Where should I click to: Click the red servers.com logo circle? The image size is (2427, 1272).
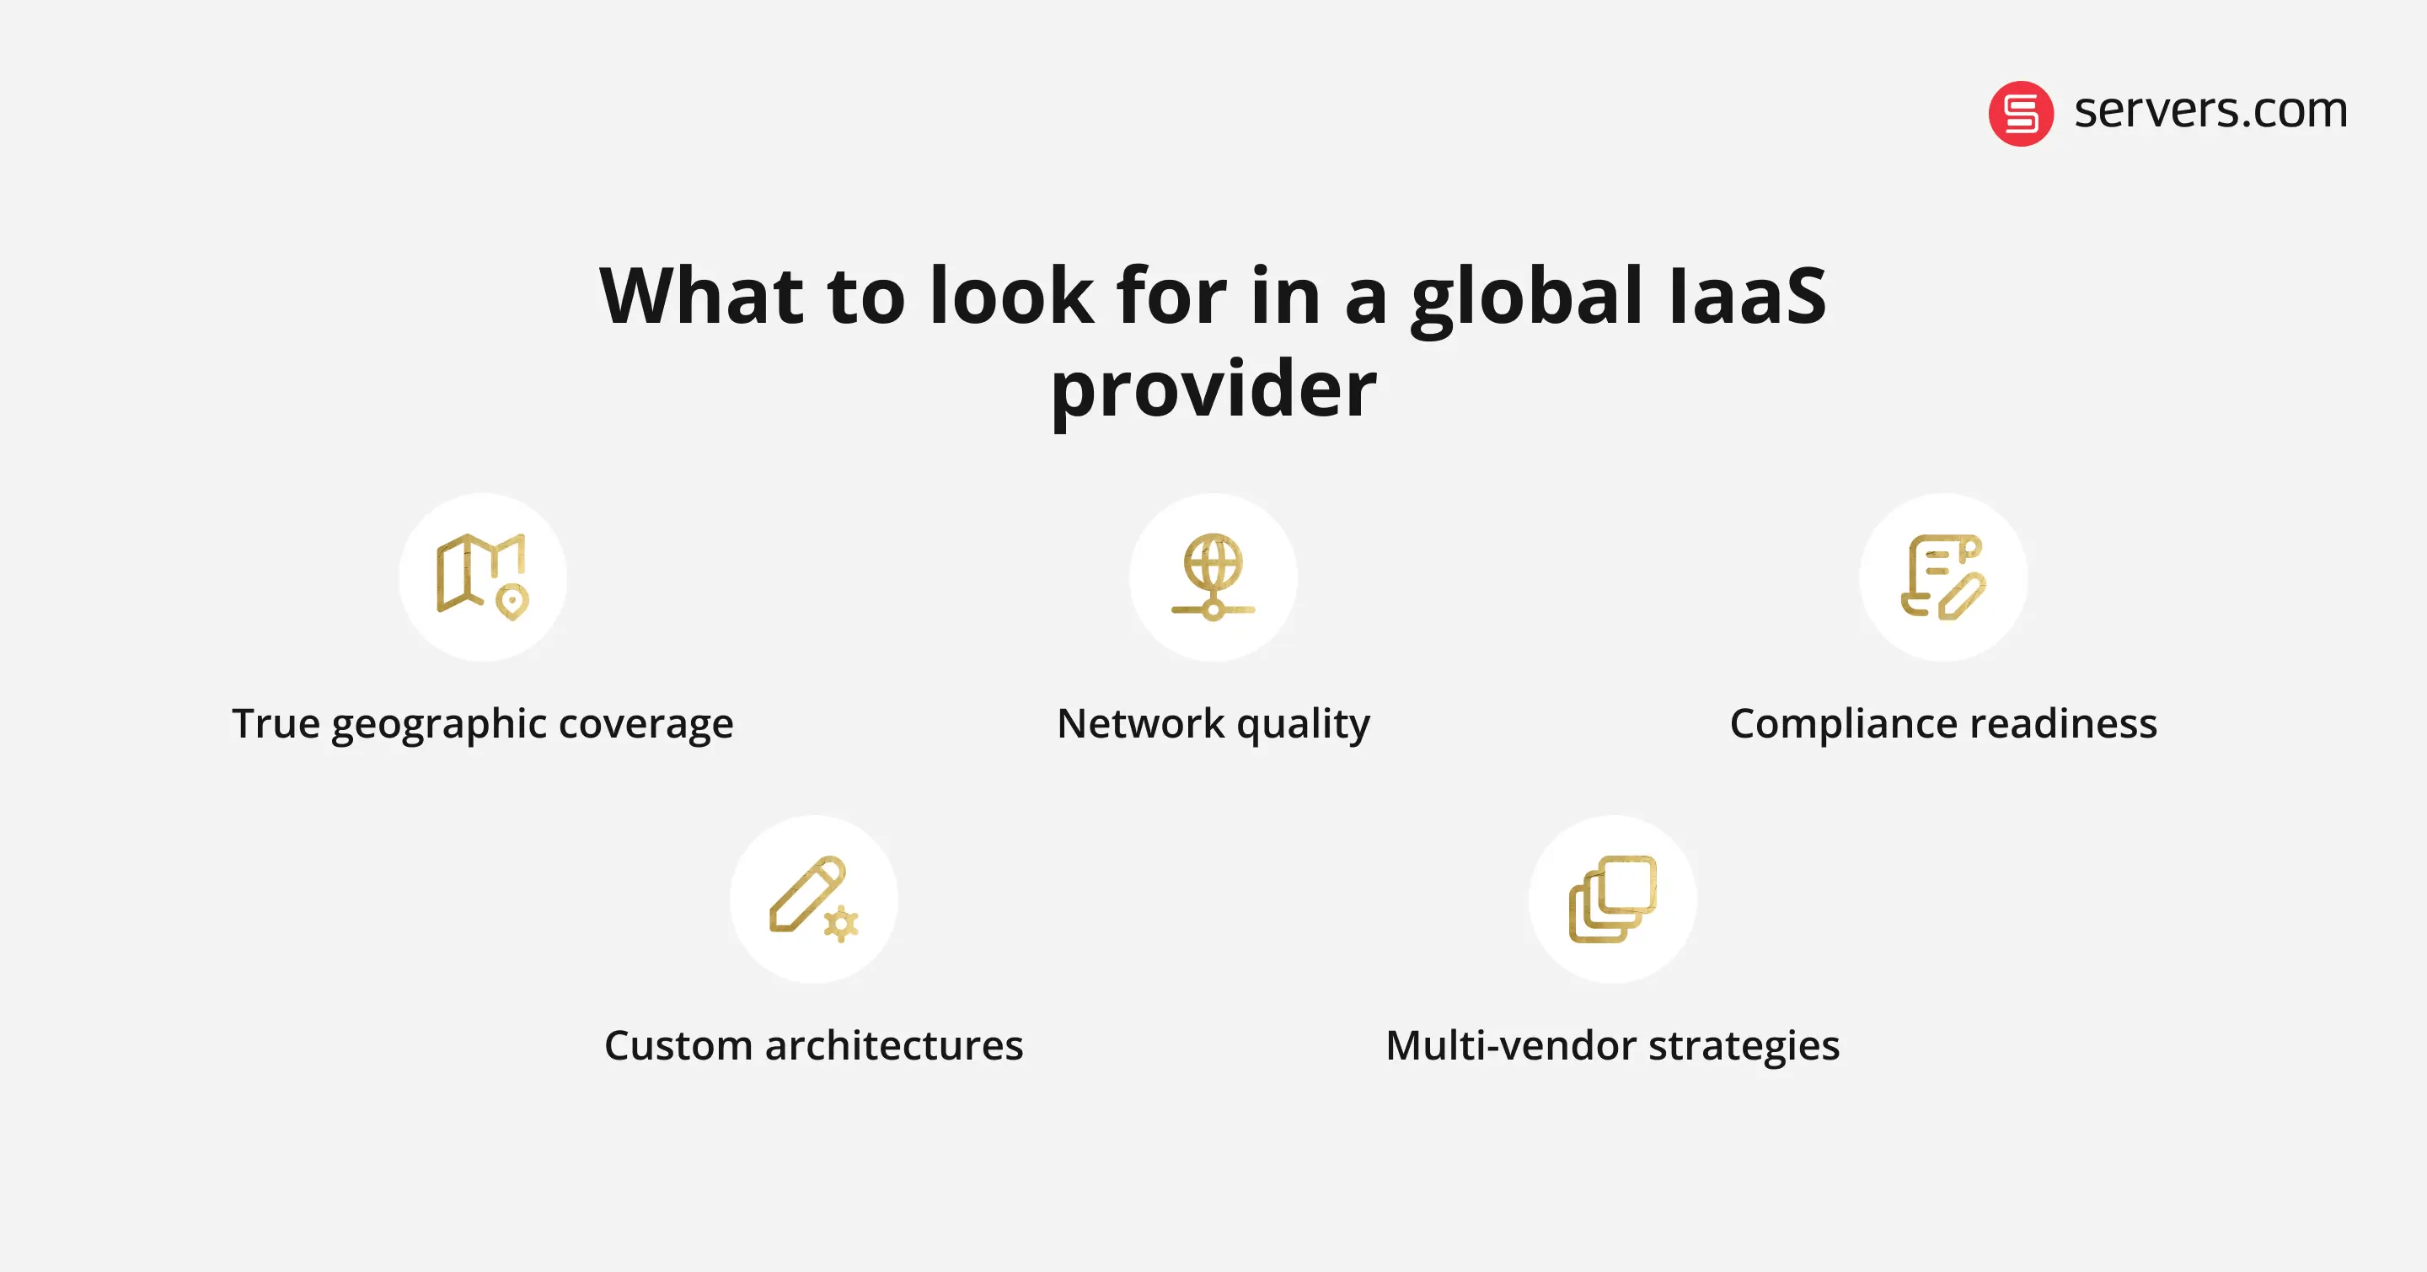tap(2020, 113)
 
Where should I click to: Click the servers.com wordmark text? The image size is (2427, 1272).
tap(2210, 110)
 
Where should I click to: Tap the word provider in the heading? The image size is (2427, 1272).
tap(1213, 389)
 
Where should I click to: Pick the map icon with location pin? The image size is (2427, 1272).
tap(482, 577)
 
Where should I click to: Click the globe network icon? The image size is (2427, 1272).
tap(1213, 577)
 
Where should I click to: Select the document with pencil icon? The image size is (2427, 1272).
tap(1942, 577)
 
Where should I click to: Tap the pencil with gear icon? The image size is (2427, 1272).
tap(813, 899)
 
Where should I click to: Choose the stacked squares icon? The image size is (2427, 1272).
tap(1612, 899)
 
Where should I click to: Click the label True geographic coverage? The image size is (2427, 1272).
tap(482, 723)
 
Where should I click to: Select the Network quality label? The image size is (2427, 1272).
tap(1213, 723)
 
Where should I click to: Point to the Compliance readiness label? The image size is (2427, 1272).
tap(1942, 723)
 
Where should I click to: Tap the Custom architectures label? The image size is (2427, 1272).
tap(813, 1046)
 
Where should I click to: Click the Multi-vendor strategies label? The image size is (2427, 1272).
tap(1612, 1046)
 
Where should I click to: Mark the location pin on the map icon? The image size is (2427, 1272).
tap(512, 601)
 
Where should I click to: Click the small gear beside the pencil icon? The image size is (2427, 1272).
tap(840, 925)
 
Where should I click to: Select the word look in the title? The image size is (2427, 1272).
tap(1011, 296)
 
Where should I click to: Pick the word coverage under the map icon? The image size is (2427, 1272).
tap(646, 723)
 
